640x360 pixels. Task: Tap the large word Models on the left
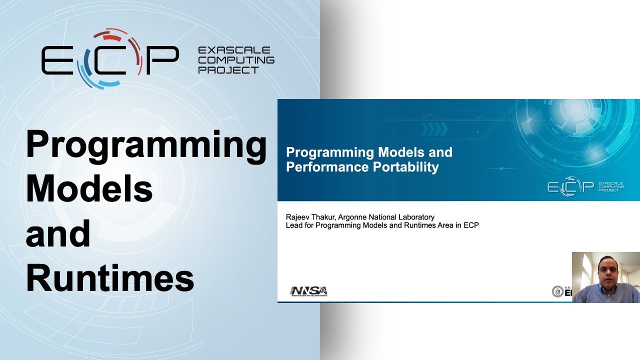[x=89, y=188]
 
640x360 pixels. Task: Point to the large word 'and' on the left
[x=58, y=233]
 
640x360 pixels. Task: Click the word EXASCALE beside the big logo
[x=234, y=50]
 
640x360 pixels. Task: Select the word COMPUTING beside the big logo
[x=236, y=60]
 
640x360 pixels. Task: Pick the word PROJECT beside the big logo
[x=228, y=70]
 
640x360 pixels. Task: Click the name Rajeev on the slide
[x=297, y=217]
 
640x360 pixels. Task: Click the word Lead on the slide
[x=293, y=225]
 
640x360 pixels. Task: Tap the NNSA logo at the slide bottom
[x=308, y=291]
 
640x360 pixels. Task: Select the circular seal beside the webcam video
[x=557, y=291]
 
